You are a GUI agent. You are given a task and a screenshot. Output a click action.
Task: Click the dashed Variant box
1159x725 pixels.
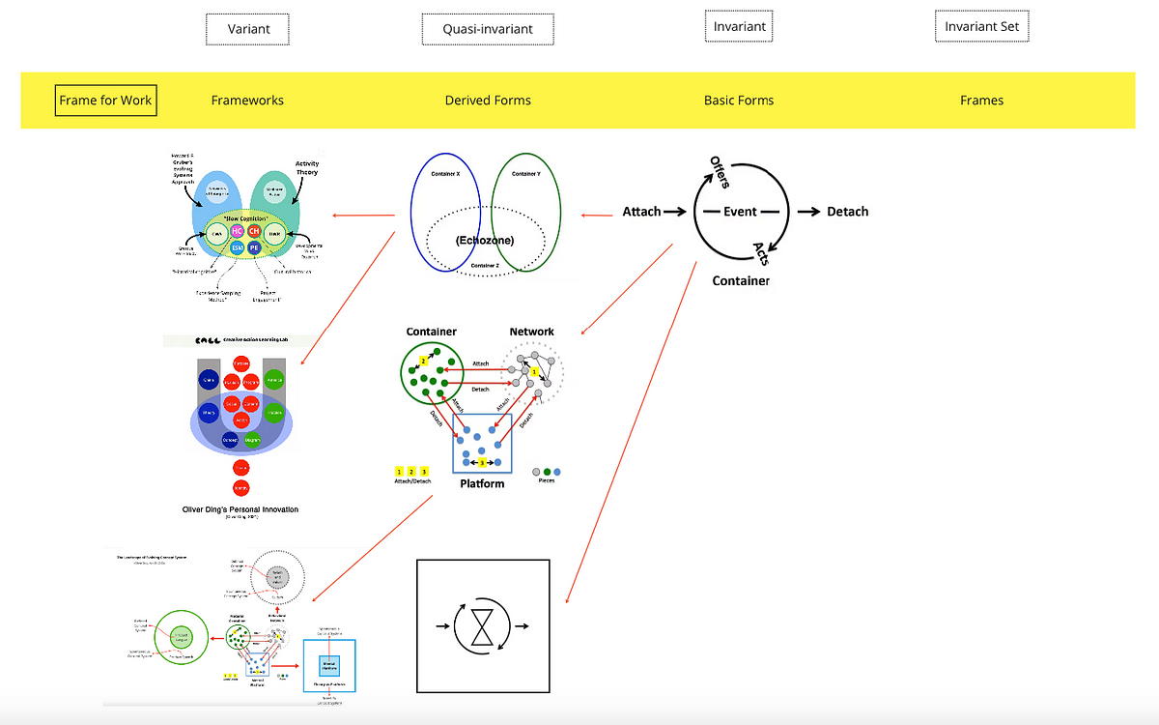click(x=248, y=29)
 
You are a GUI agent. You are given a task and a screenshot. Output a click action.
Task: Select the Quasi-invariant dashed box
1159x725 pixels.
click(x=488, y=29)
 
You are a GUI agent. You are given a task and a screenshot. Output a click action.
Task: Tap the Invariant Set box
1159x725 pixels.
click(x=982, y=26)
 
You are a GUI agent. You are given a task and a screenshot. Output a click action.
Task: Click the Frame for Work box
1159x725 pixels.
click(x=105, y=100)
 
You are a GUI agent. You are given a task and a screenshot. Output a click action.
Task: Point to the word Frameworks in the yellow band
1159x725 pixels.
click(x=247, y=100)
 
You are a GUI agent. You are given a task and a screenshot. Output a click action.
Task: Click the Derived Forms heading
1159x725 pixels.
click(x=488, y=100)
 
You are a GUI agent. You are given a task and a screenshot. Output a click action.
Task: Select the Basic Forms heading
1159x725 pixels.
click(x=739, y=100)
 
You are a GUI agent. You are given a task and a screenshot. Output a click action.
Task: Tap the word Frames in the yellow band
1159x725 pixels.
click(x=981, y=100)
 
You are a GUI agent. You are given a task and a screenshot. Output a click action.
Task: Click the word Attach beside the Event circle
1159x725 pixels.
click(x=641, y=212)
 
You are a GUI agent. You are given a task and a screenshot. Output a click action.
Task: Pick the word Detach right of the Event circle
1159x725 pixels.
click(x=847, y=212)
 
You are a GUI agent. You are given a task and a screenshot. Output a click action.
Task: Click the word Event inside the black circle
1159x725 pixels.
click(x=741, y=212)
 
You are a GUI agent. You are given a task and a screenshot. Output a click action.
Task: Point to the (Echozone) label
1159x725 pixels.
click(x=485, y=240)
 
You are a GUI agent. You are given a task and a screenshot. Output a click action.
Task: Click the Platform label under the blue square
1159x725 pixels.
click(x=482, y=483)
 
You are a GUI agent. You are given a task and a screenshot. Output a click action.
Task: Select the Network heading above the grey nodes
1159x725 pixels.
click(x=531, y=332)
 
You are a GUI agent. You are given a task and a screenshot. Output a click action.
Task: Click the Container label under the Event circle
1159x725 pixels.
click(x=741, y=280)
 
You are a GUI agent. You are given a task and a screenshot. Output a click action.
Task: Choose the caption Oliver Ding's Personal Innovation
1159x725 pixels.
click(x=240, y=508)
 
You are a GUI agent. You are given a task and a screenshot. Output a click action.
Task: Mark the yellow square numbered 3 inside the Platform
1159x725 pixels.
click(x=483, y=463)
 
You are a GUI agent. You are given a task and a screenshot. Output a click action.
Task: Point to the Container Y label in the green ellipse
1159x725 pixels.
click(x=525, y=174)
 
